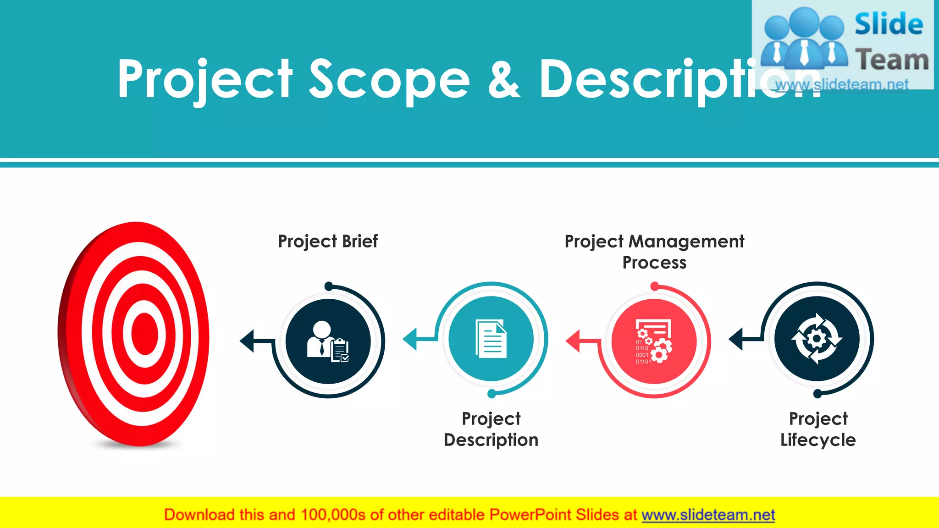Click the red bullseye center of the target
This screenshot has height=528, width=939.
(144, 334)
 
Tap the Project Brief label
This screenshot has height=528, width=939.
(328, 242)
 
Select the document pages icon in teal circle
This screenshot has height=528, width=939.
(491, 339)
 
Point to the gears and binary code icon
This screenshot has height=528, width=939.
(654, 341)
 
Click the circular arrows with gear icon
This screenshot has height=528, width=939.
(817, 339)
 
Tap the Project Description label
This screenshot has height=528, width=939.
(491, 429)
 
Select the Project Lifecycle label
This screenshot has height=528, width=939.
(818, 429)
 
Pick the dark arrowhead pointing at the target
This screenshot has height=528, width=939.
(248, 341)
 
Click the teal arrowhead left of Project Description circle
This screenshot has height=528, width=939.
(410, 339)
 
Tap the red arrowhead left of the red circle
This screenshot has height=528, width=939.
(574, 341)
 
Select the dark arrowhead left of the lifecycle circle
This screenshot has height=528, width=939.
(736, 339)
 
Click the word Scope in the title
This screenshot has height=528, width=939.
(389, 80)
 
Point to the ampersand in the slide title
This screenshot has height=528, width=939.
(504, 80)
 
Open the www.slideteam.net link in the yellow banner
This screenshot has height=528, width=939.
(708, 515)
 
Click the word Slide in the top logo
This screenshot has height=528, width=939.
(889, 24)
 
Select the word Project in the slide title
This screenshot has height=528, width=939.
(204, 80)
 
